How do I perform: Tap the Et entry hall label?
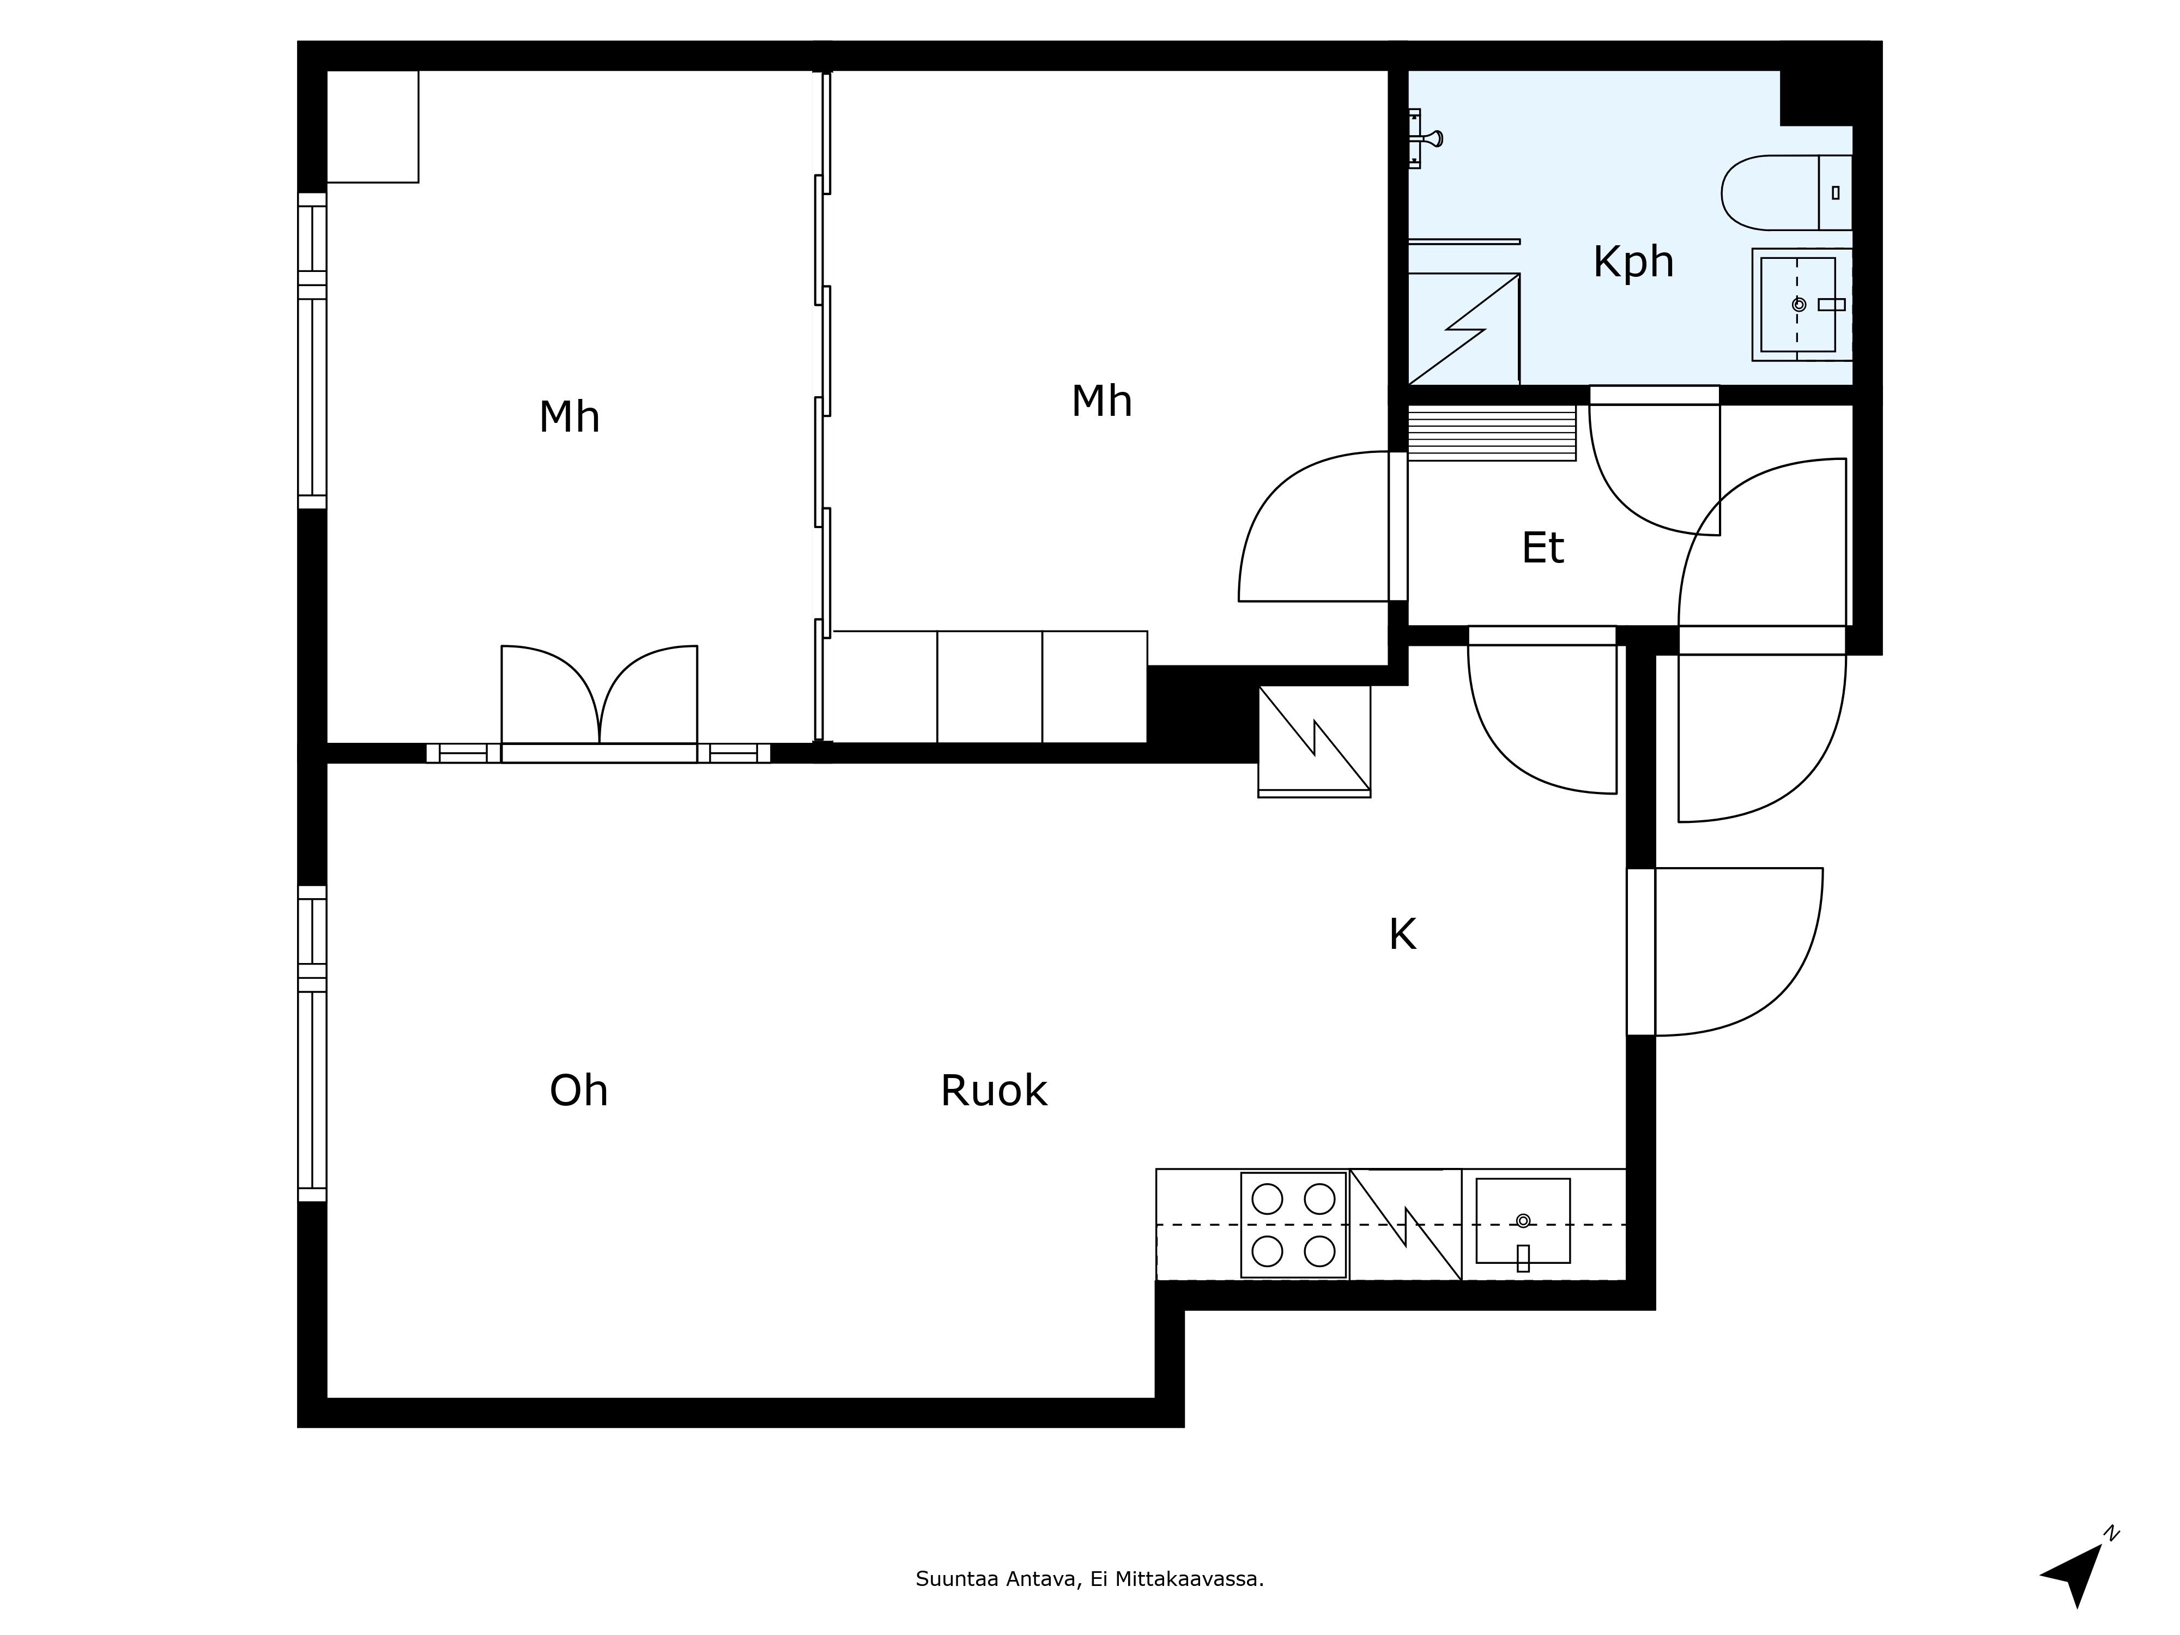click(1542, 548)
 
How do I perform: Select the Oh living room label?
click(578, 1091)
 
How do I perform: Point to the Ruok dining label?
click(994, 1091)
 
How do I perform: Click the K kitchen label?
click(1402, 934)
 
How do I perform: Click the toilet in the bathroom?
click(1787, 192)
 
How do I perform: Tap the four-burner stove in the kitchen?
click(1293, 1225)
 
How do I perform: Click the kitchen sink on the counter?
click(1523, 1221)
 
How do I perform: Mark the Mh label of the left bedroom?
click(570, 417)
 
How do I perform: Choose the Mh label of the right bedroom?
click(1102, 401)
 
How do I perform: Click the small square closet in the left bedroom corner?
click(373, 126)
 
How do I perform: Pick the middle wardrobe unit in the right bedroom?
click(990, 687)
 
